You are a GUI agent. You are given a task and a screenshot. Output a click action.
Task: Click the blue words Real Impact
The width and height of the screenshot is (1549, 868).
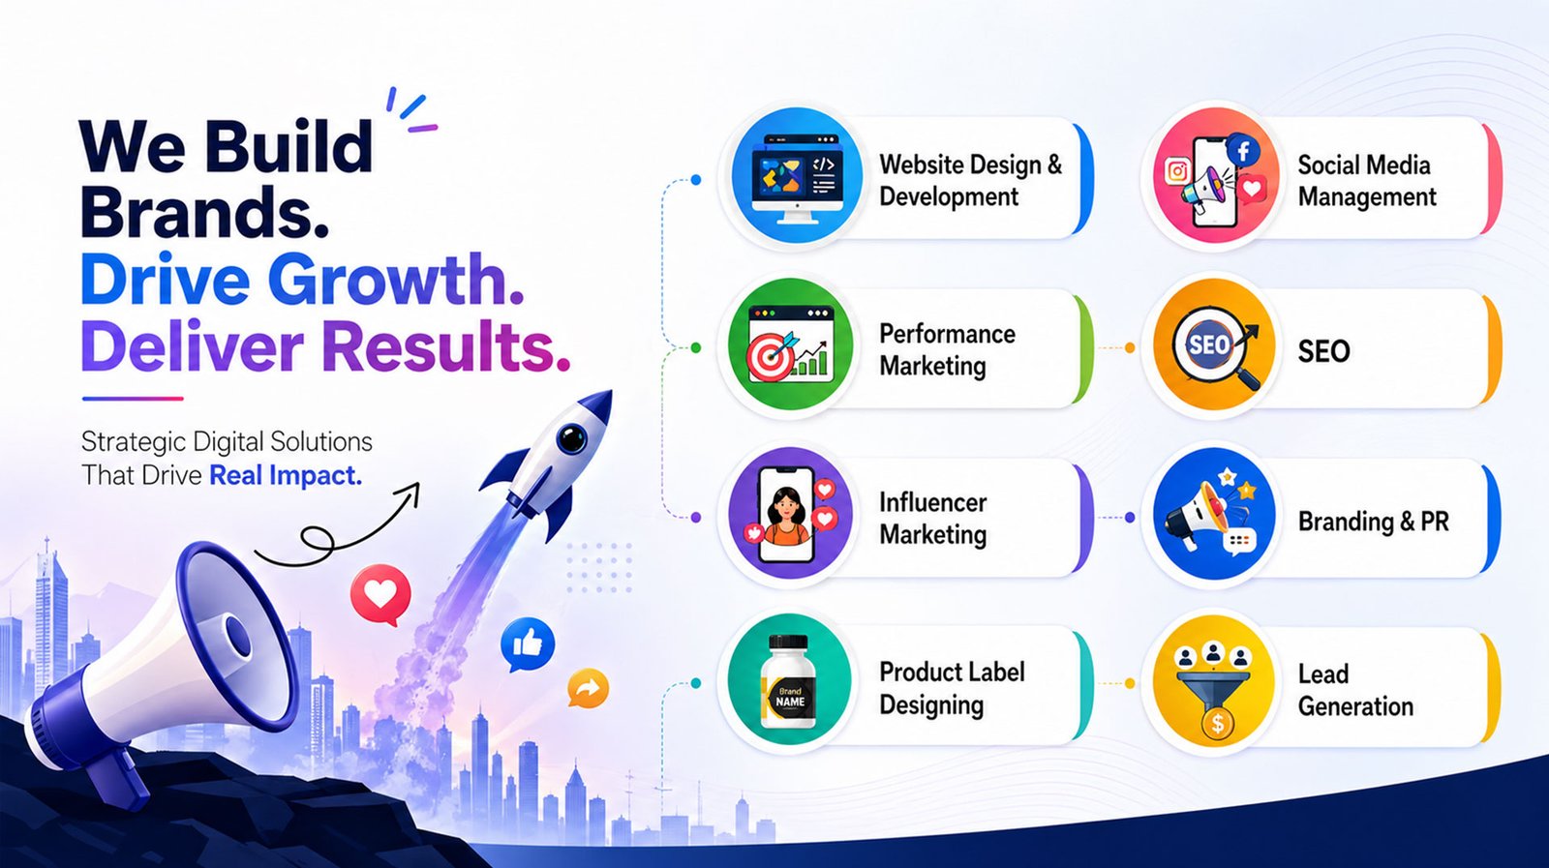[286, 475]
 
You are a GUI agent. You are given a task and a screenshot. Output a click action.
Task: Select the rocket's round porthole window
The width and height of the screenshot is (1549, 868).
[572, 438]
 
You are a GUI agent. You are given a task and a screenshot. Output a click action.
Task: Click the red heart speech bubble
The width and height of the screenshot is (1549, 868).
[380, 594]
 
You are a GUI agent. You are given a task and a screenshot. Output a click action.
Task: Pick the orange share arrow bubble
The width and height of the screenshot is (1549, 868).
[588, 688]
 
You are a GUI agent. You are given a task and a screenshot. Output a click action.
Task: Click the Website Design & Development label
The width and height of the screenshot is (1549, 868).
[970, 180]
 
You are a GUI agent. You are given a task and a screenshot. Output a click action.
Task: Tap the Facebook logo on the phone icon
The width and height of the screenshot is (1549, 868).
[1243, 151]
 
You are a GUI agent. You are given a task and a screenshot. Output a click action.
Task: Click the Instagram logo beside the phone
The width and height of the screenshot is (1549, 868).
[1177, 170]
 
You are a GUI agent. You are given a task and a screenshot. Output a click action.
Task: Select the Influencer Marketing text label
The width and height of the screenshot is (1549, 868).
[933, 519]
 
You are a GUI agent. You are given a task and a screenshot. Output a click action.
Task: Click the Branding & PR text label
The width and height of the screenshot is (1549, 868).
[1374, 521]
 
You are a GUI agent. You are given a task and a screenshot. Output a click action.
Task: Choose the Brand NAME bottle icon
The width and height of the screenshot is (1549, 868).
[788, 682]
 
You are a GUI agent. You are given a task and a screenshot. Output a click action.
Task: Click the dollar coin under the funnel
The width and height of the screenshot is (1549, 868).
[1217, 724]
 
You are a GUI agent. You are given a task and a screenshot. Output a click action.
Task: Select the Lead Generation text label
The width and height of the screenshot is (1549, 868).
[1355, 690]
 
